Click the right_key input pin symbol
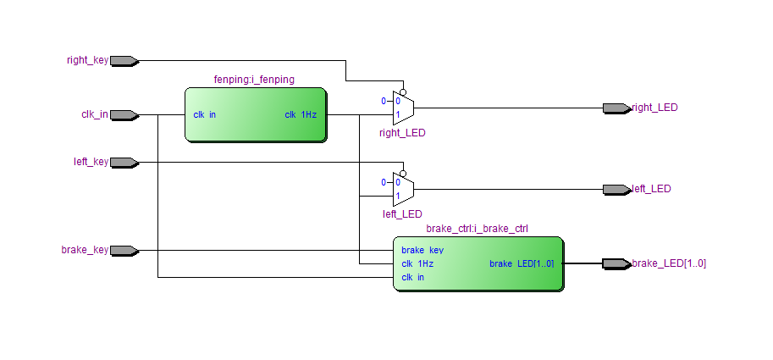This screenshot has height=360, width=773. pos(124,61)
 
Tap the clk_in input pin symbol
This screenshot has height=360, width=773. pos(124,115)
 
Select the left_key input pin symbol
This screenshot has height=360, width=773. pos(124,163)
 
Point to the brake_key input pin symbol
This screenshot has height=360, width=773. pos(124,251)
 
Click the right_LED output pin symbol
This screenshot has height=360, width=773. pos(616,108)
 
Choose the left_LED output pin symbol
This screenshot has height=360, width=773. pos(616,190)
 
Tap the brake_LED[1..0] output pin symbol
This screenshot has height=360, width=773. pos(616,263)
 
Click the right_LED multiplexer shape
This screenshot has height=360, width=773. pos(403,108)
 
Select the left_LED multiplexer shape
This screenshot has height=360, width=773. pos(403,190)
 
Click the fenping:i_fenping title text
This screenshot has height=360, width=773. pos(254,80)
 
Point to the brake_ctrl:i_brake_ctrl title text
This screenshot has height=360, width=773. pos(477,229)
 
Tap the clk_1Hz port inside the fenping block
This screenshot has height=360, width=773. pos(301,115)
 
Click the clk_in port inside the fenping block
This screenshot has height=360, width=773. pos(205,115)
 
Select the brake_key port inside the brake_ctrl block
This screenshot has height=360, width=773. pos(422,250)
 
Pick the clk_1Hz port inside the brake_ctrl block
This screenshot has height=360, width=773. pos(417,263)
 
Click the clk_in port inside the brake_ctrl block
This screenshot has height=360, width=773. pos(412,277)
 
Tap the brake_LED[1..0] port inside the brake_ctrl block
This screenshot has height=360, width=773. pos(522,263)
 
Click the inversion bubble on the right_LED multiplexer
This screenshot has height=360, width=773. pos(403,92)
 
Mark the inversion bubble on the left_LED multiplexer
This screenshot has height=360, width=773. pos(403,174)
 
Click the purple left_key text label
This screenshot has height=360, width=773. pos(91,162)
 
